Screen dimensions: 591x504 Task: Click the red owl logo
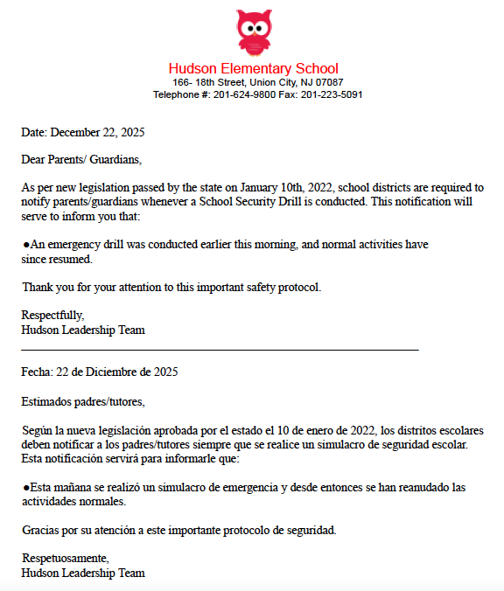[x=253, y=31]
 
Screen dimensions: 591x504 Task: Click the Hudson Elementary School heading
[x=253, y=68]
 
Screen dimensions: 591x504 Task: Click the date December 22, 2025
[x=97, y=133]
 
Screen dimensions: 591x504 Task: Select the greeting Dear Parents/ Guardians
[x=80, y=160]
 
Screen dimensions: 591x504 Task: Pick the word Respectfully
[x=52, y=316]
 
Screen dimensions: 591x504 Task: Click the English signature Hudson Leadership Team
[x=83, y=330]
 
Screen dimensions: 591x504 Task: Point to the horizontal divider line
[x=220, y=351]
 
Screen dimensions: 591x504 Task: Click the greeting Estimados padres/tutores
[x=83, y=402]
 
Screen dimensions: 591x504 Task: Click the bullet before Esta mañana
[x=25, y=486]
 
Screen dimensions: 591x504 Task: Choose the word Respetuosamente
[x=65, y=558]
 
